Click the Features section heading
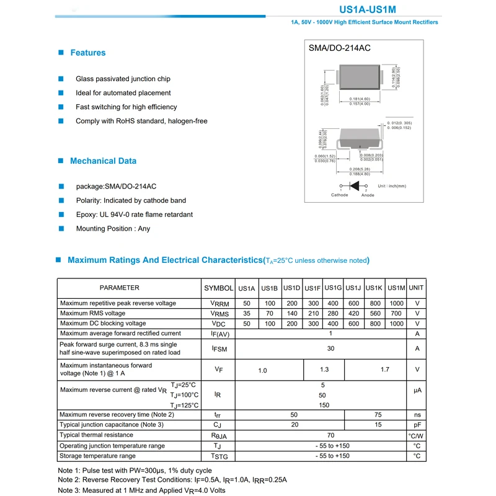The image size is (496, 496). (87, 53)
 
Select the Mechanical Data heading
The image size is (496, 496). (103, 161)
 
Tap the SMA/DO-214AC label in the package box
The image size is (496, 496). (340, 48)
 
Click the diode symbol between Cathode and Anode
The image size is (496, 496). (355, 186)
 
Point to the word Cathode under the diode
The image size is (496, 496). (340, 195)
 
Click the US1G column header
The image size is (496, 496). (334, 288)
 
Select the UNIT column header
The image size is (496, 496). (417, 288)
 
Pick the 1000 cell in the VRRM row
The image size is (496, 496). (396, 304)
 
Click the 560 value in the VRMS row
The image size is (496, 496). (375, 314)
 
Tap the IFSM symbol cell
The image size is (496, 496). (219, 349)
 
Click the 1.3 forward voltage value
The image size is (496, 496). (324, 370)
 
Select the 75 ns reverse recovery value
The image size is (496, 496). (378, 415)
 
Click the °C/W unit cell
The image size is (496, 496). (417, 436)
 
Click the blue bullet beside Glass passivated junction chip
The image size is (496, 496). (61, 79)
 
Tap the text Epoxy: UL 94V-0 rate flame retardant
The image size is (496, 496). (134, 215)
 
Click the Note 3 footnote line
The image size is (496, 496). (141, 490)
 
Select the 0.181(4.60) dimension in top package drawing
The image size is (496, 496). (360, 99)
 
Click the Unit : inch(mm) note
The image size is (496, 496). (391, 186)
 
